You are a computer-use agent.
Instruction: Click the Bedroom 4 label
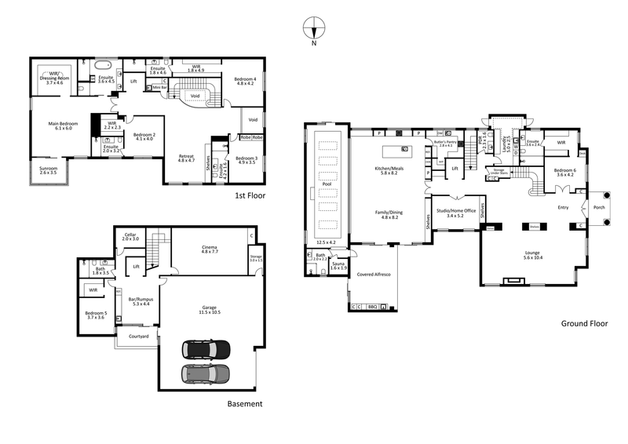tap(244, 79)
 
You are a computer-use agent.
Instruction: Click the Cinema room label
tap(210, 247)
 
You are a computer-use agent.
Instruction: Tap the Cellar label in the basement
tap(130, 235)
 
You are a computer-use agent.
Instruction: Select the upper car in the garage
tap(206, 348)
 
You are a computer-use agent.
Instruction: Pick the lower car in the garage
tap(206, 373)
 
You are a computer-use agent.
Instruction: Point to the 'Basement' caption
tap(244, 404)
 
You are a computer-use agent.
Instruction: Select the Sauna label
tap(338, 266)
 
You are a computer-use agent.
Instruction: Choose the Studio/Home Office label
tap(456, 211)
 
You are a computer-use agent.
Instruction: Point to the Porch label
tap(599, 209)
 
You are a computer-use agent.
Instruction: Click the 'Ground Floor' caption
tap(584, 322)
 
